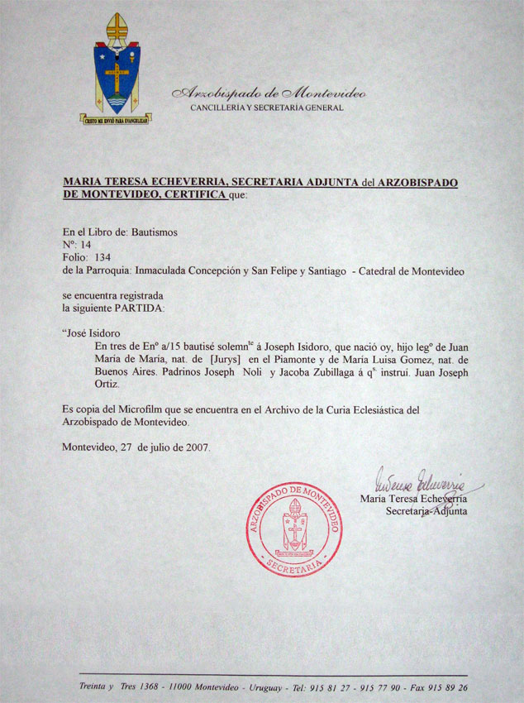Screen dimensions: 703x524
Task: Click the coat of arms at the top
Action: tap(116, 66)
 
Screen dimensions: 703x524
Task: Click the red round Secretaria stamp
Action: tap(293, 528)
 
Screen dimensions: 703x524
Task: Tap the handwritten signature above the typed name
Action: tap(422, 481)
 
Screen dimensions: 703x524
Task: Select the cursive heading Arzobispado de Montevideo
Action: tap(268, 93)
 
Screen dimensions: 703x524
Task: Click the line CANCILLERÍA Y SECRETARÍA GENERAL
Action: tap(266, 108)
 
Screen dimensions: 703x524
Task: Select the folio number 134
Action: tap(102, 258)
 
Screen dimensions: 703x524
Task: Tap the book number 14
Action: tap(85, 246)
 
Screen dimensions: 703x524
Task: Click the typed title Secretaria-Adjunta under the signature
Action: tap(426, 511)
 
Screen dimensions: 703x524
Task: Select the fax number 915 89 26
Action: tap(447, 687)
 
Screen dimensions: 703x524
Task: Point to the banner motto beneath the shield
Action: tap(116, 119)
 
